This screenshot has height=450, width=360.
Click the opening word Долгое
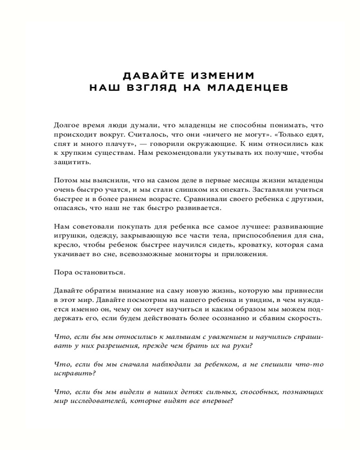click(66, 126)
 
